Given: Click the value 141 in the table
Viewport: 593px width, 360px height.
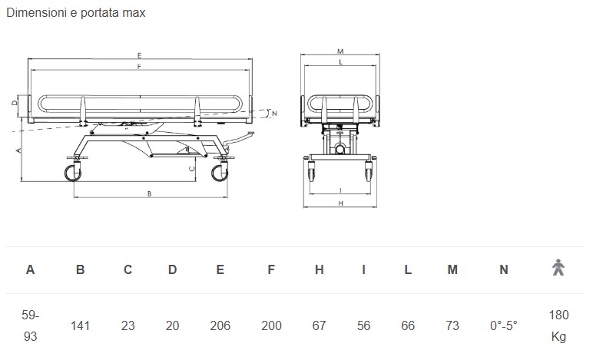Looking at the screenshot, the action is click(80, 325).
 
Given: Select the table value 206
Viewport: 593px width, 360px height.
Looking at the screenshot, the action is click(220, 325).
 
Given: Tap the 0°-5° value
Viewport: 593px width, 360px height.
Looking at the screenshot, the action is click(503, 325).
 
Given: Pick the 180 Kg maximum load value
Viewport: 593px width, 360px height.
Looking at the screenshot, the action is click(558, 325).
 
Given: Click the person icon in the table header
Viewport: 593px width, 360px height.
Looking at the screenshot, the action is click(558, 267).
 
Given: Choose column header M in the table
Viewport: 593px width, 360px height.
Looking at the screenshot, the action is click(452, 269).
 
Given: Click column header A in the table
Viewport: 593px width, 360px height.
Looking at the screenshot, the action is click(30, 269).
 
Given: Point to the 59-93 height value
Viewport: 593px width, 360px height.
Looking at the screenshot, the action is click(30, 325).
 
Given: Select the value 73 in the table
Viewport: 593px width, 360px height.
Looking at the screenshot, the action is click(452, 325).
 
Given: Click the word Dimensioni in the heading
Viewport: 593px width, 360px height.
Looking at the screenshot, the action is click(36, 12).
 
